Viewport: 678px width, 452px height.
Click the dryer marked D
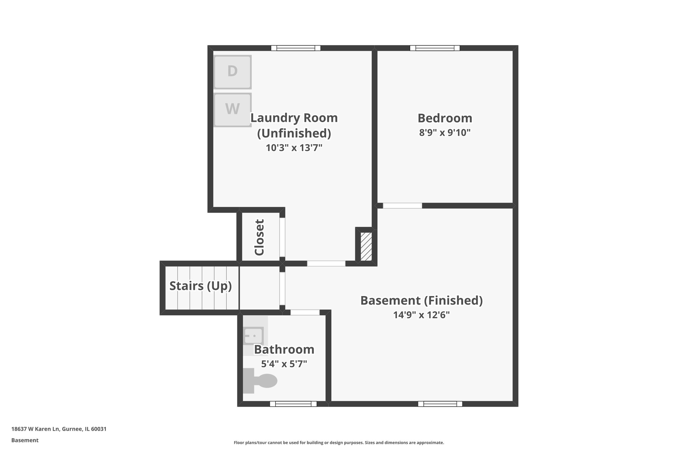tap(232, 72)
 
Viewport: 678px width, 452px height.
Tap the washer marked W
tap(232, 109)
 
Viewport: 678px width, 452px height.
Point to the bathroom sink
tap(254, 336)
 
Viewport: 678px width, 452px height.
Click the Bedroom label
tap(445, 118)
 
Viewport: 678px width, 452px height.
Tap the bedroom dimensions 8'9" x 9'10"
tap(445, 133)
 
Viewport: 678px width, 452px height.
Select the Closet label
tap(260, 237)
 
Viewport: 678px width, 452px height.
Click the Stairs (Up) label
tap(200, 286)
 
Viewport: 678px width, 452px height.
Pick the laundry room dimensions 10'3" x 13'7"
tap(294, 148)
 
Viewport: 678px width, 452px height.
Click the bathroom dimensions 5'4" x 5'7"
tap(284, 364)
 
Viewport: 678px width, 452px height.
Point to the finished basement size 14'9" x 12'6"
tap(421, 315)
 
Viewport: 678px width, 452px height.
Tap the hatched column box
tap(366, 246)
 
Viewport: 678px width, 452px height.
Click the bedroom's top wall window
tap(435, 48)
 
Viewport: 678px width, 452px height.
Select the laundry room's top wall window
tap(296, 48)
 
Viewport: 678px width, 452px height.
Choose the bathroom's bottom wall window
tap(293, 404)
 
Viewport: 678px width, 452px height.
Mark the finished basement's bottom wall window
tap(440, 404)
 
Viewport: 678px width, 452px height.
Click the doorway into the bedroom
tap(402, 206)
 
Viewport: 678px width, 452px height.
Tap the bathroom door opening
tap(305, 312)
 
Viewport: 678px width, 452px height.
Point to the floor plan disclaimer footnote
tap(339, 443)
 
